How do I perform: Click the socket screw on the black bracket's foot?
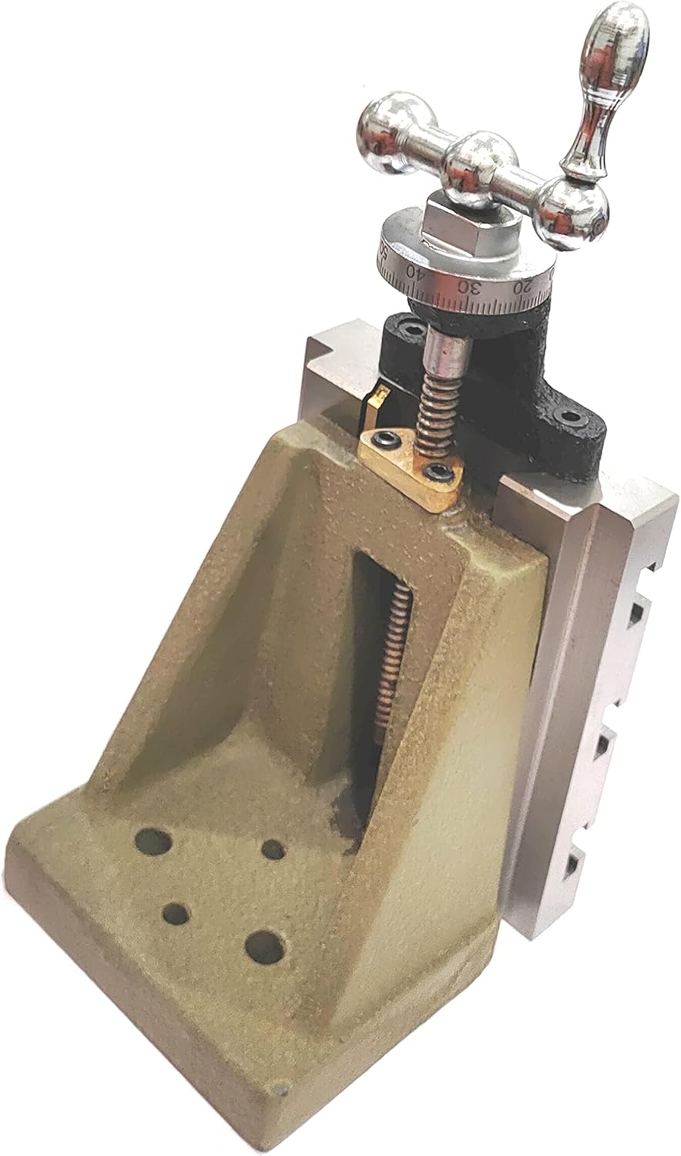[x=569, y=417]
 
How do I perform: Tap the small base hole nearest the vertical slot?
[x=273, y=850]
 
